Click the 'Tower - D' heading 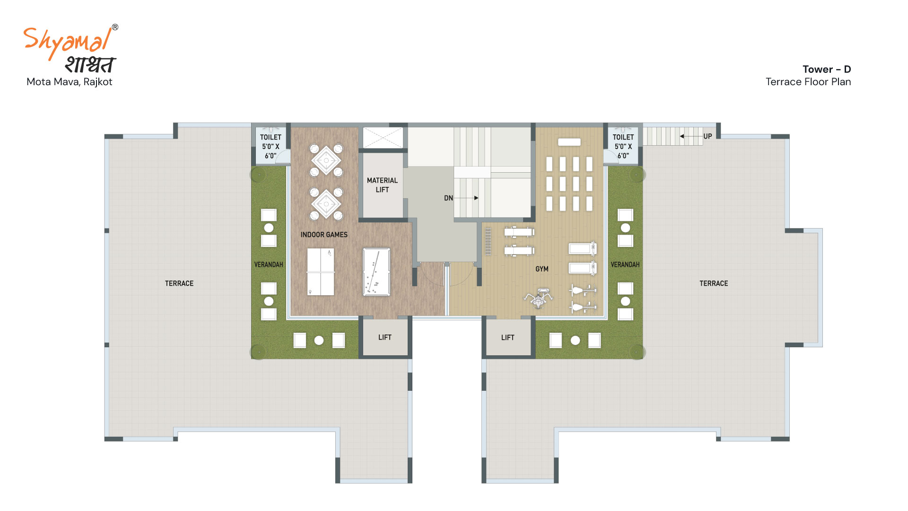click(827, 69)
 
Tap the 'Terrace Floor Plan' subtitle click(808, 82)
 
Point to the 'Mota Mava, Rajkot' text click(70, 82)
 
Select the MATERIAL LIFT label click(382, 185)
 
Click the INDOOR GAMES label click(324, 235)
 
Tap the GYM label click(542, 269)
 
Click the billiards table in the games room click(376, 272)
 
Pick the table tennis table click(321, 272)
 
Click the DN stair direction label click(448, 198)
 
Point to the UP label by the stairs click(707, 136)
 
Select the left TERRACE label click(179, 283)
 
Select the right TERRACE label click(714, 283)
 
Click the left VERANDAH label click(269, 264)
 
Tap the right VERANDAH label click(625, 264)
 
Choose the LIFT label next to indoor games click(385, 337)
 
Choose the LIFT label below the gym click(508, 337)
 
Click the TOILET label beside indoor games click(271, 146)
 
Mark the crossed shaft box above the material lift click(383, 138)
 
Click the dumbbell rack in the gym click(488, 241)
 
